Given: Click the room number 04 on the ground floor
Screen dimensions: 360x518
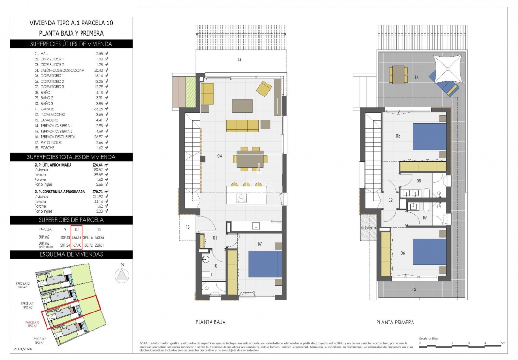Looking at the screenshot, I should coord(220,156).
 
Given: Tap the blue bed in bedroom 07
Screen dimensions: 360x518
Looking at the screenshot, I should coord(265,264).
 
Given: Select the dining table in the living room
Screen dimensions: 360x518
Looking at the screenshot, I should coord(250,159).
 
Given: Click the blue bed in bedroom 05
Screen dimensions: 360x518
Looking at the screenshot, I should coord(429,137).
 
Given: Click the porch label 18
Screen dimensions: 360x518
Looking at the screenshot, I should coord(188,227).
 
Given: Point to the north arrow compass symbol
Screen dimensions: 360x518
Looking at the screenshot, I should coord(122,275).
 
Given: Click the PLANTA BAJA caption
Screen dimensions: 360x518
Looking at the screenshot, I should coord(210,322).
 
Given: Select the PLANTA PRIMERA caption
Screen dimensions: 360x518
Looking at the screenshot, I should coord(395,322).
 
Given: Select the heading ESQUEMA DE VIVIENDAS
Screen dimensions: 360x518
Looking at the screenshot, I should coord(71,254).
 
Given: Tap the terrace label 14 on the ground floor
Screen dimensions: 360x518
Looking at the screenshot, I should coord(238,60).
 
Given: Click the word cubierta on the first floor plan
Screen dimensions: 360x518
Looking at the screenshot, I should coord(368,228).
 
